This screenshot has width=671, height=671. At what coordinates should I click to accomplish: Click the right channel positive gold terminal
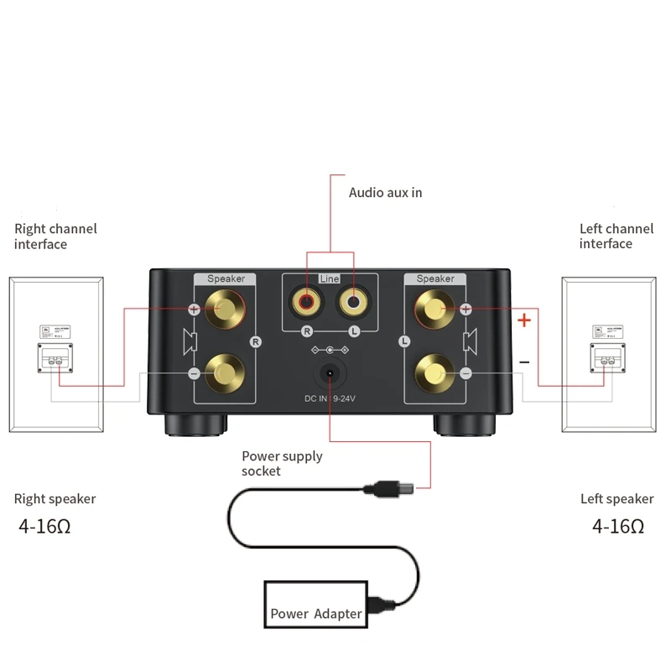tap(226, 309)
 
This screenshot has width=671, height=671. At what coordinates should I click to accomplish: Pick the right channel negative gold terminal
tap(226, 370)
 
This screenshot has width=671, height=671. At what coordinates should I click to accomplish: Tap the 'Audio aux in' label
tap(385, 193)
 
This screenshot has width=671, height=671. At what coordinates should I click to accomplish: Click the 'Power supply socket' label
tap(282, 464)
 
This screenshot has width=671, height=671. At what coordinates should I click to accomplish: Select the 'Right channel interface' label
tap(55, 237)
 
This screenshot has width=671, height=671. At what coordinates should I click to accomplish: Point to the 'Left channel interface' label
tap(616, 236)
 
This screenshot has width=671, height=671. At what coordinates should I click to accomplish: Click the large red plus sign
tap(524, 320)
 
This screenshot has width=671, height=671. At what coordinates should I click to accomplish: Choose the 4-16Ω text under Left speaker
tap(618, 527)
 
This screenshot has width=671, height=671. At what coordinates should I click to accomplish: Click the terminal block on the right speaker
tap(55, 358)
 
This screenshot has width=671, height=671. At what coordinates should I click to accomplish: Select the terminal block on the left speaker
tap(606, 358)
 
